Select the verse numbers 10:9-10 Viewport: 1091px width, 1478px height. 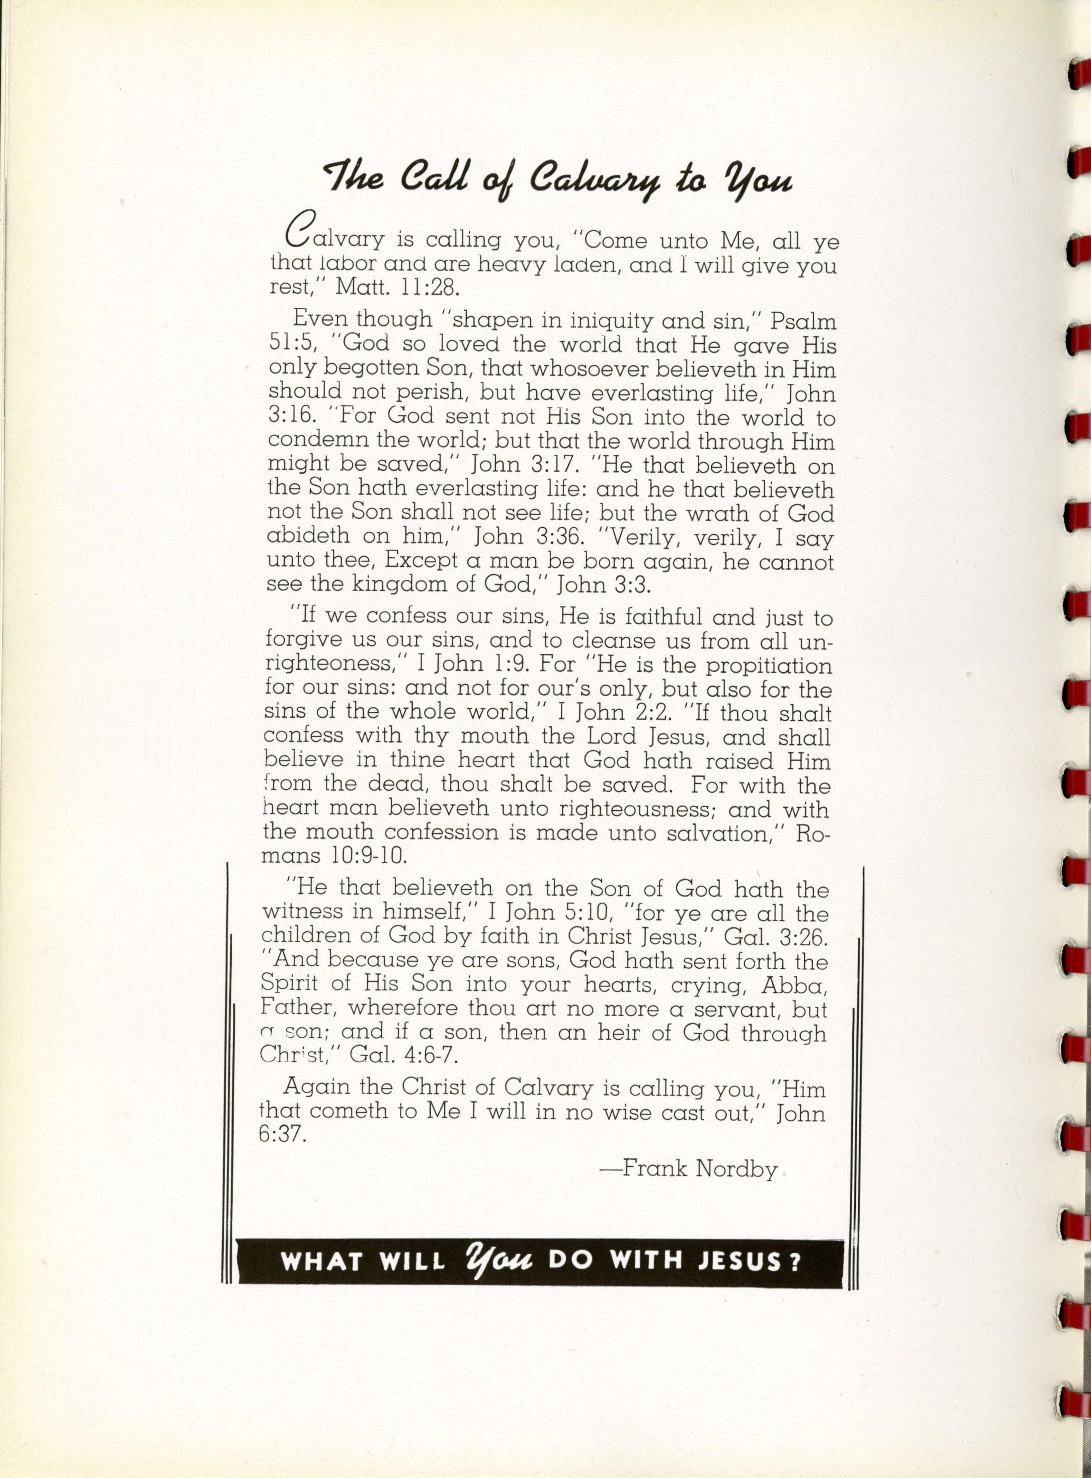point(365,856)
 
